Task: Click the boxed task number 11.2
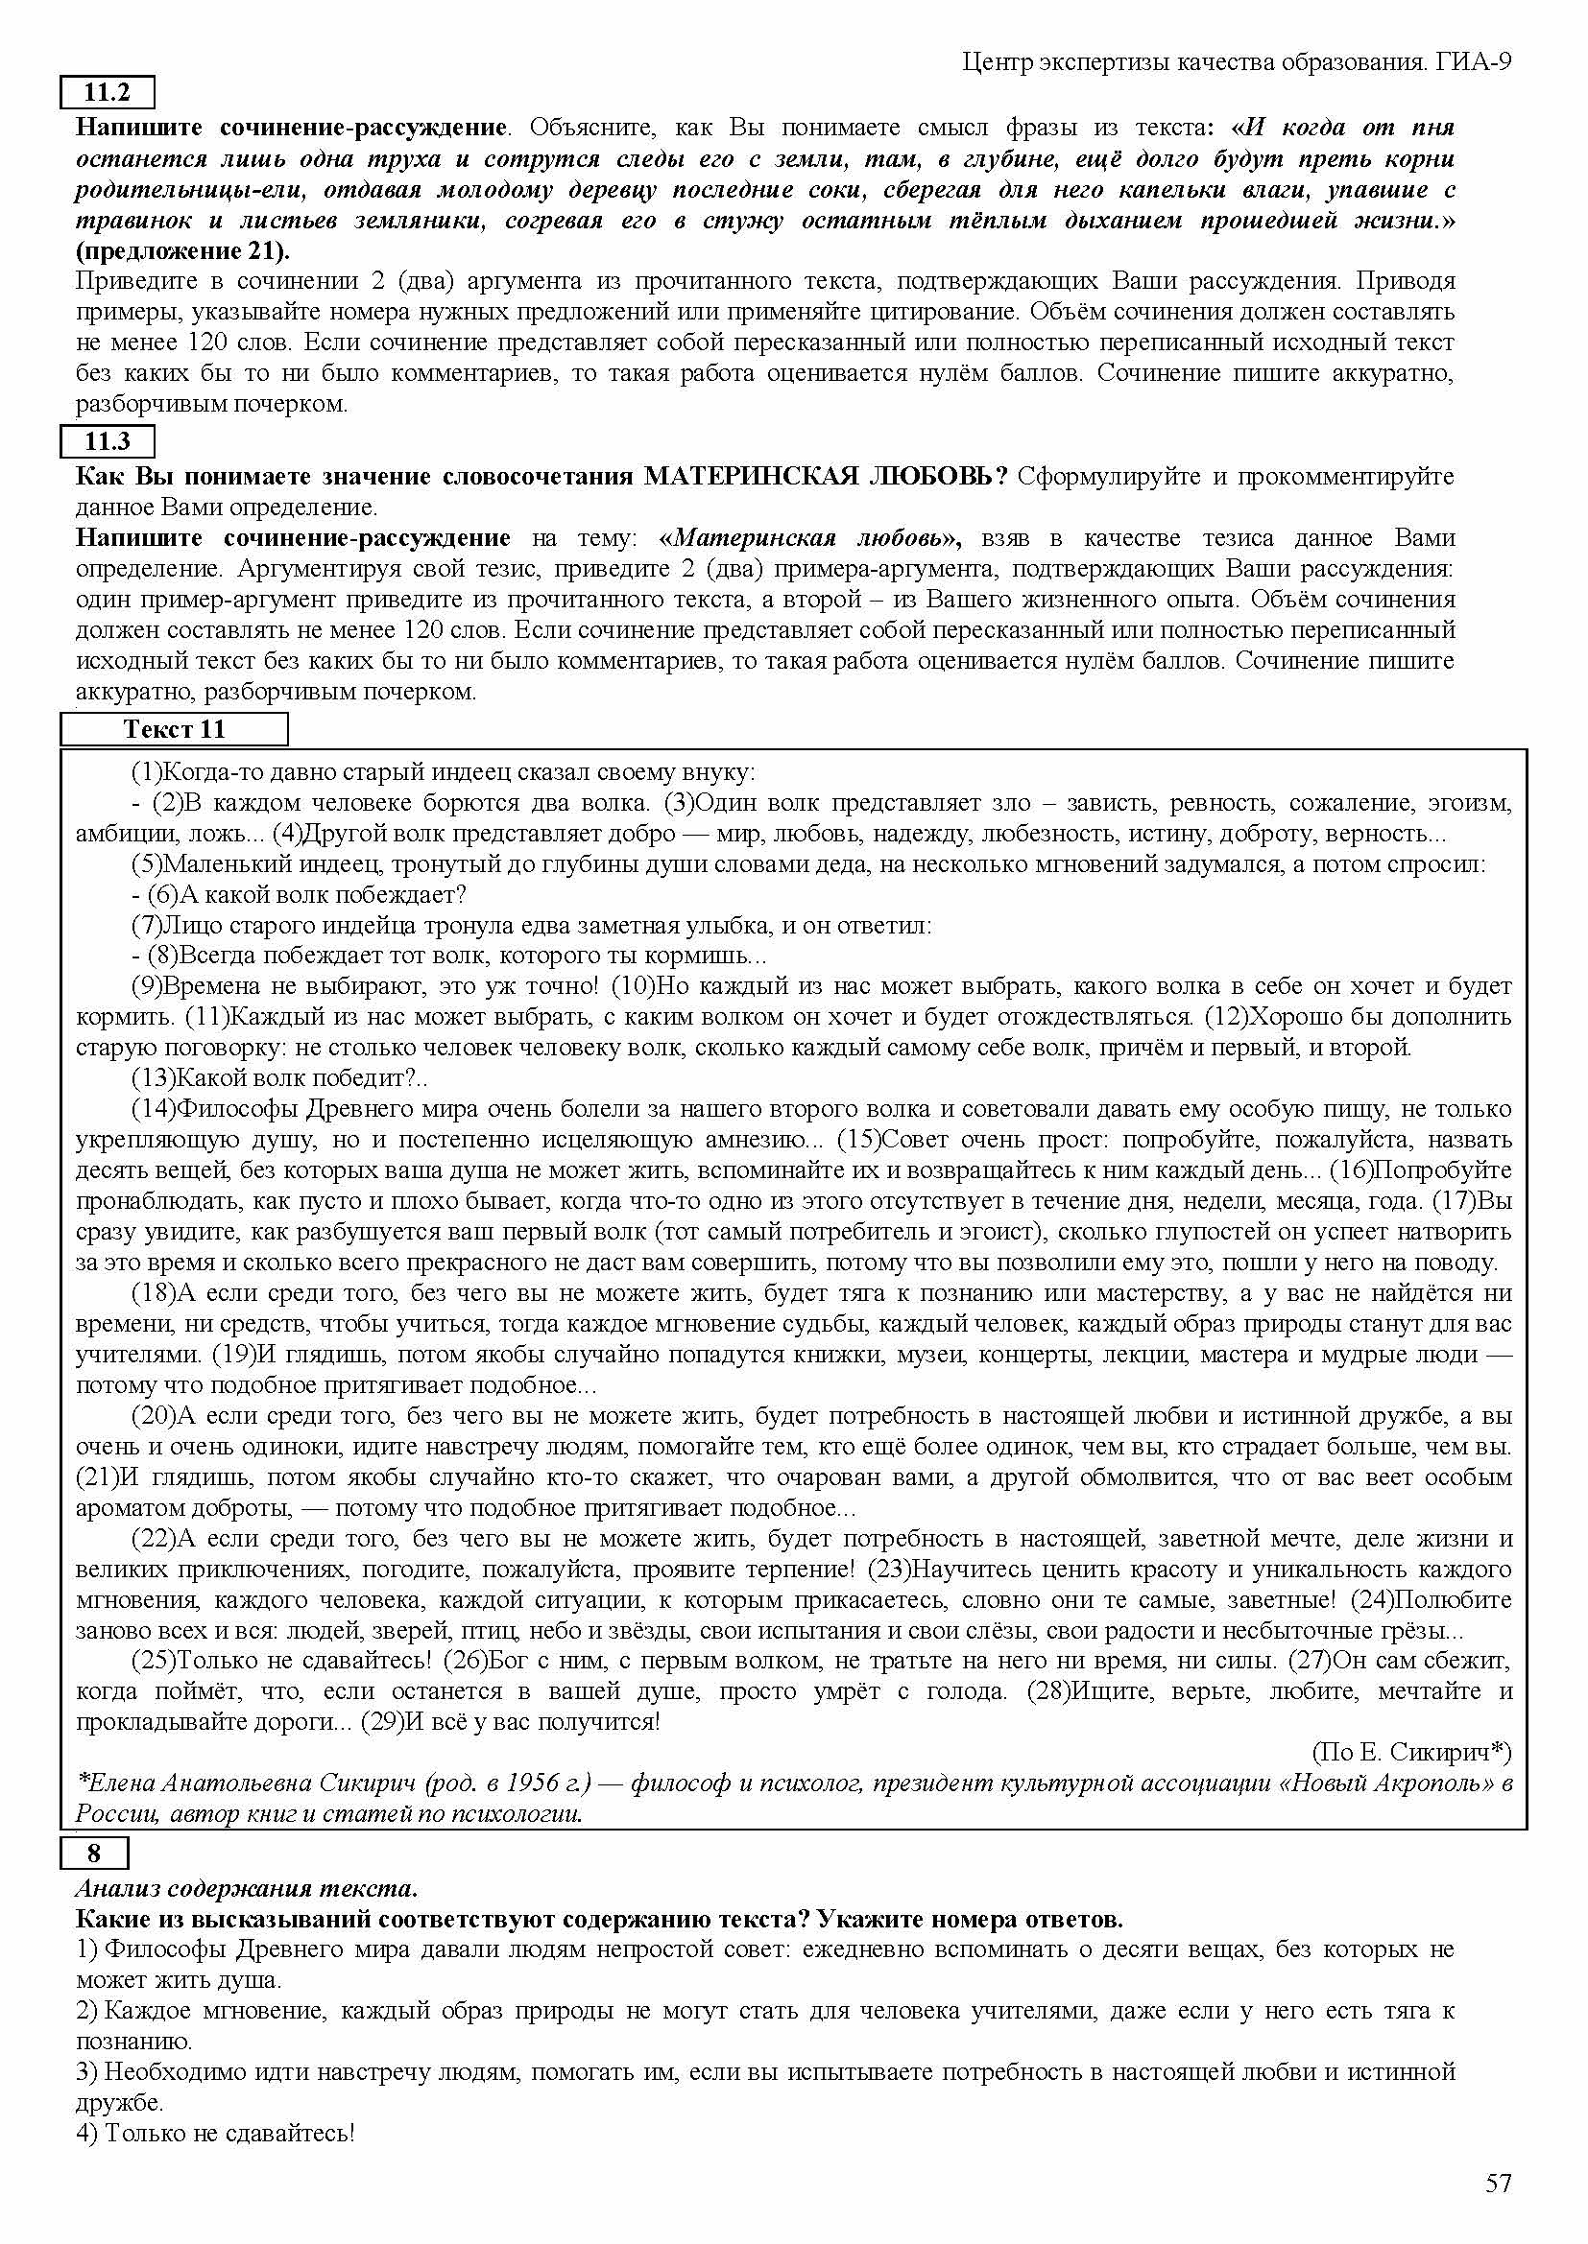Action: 108,93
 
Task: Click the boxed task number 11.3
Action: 108,441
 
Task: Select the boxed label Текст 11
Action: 174,729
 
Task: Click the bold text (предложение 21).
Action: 182,251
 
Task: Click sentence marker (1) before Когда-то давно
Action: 147,772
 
